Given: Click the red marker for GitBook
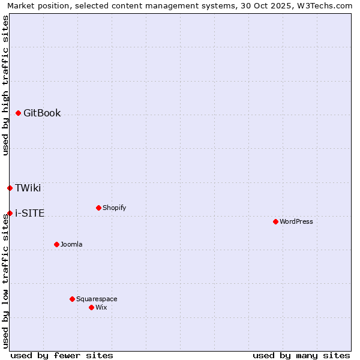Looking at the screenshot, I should (x=18, y=113).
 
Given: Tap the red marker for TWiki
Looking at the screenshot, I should (x=10, y=188).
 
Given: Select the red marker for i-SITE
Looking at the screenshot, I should (x=10, y=213).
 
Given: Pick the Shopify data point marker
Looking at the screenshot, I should (x=98, y=208).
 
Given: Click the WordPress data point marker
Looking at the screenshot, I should (x=275, y=221).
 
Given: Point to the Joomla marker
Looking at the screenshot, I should (x=56, y=244).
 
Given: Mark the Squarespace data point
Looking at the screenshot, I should (x=72, y=299).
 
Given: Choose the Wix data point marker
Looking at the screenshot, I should (x=91, y=307).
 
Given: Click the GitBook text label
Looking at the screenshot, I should (x=42, y=113).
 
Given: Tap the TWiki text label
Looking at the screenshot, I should (x=28, y=188).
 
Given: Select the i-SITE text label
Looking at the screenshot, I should (x=29, y=213).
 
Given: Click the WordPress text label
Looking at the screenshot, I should (x=296, y=221).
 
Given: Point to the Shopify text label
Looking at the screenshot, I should (x=114, y=208).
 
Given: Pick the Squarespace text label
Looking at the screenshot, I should (x=97, y=299).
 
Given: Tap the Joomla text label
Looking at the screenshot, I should (x=71, y=244).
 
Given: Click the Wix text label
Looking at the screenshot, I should (x=101, y=307).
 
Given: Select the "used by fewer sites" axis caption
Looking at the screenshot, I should (x=62, y=355).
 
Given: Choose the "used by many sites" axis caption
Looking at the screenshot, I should (x=301, y=355).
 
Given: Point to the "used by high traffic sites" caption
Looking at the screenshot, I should (x=5, y=86).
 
